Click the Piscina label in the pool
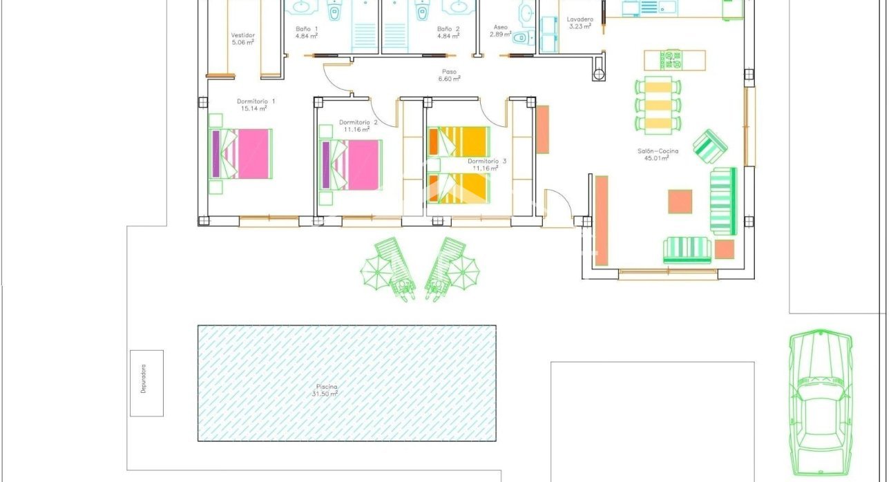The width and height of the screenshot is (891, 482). pyautogui.click(x=325, y=387)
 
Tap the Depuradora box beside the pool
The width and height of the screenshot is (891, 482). pyautogui.click(x=146, y=383)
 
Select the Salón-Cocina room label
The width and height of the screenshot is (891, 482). pyautogui.click(x=658, y=151)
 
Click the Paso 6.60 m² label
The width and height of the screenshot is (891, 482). pyautogui.click(x=449, y=72)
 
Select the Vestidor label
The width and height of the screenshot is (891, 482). pyautogui.click(x=242, y=35)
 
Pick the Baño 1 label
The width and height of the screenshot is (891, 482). pyautogui.click(x=307, y=29)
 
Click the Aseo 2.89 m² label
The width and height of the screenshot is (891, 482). pyautogui.click(x=500, y=28)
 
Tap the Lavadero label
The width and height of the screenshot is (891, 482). pyautogui.click(x=579, y=20)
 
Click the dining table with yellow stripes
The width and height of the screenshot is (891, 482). pyautogui.click(x=658, y=104)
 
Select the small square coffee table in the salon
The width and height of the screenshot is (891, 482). pyautogui.click(x=680, y=202)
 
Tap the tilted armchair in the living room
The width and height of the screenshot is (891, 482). pyautogui.click(x=710, y=146)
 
